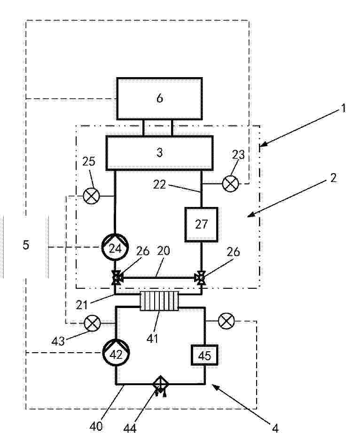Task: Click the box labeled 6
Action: [x=159, y=98]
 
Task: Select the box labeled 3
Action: [x=159, y=153]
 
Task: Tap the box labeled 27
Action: [x=201, y=225]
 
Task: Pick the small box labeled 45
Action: [x=205, y=355]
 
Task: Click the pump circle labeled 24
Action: [x=115, y=247]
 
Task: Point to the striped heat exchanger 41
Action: [x=159, y=301]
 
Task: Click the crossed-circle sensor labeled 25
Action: [x=92, y=196]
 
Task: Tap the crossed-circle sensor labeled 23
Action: [x=230, y=183]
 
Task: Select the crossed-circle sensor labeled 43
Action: [x=93, y=323]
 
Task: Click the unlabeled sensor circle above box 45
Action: [x=227, y=321]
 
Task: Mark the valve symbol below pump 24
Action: [x=116, y=278]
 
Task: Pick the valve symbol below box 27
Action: [x=201, y=278]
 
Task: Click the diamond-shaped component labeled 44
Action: [x=160, y=384]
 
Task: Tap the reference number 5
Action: [x=26, y=245]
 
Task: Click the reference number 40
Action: [x=96, y=426]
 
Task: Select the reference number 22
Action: [x=159, y=184]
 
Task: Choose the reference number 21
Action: [x=82, y=305]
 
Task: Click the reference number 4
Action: [x=275, y=428]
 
